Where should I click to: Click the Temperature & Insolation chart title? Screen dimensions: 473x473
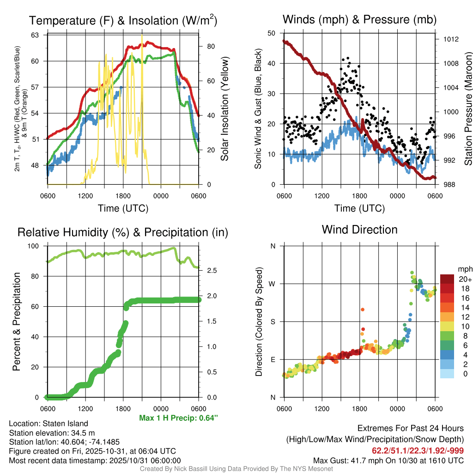(123, 20)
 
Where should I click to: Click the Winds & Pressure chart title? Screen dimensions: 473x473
(359, 19)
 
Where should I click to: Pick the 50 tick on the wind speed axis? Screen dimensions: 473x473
(272, 33)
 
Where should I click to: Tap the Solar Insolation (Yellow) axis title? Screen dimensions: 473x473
(224, 109)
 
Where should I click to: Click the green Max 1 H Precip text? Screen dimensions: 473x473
(178, 418)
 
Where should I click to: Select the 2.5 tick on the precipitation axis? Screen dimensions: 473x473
(211, 271)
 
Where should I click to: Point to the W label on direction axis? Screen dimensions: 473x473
(272, 284)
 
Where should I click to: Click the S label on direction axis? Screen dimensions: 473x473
(273, 321)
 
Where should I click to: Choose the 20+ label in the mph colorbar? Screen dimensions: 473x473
(464, 279)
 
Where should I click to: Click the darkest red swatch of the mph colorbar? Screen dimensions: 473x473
(447, 279)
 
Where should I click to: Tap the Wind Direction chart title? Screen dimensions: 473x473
(359, 230)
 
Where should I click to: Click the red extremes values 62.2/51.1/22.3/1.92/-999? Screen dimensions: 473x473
(418, 450)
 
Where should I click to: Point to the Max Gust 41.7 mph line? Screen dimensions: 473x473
(388, 460)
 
